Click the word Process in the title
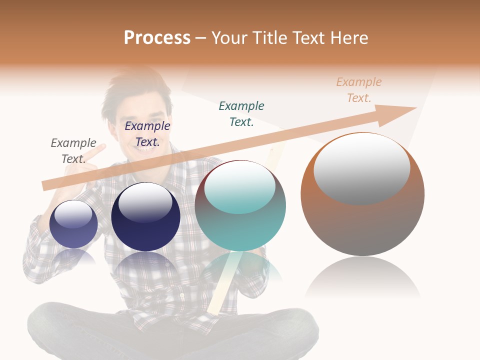(157, 38)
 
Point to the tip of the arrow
(415, 108)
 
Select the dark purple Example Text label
(147, 134)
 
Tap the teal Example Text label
(241, 114)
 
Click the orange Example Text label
(359, 90)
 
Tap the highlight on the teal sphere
(240, 187)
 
